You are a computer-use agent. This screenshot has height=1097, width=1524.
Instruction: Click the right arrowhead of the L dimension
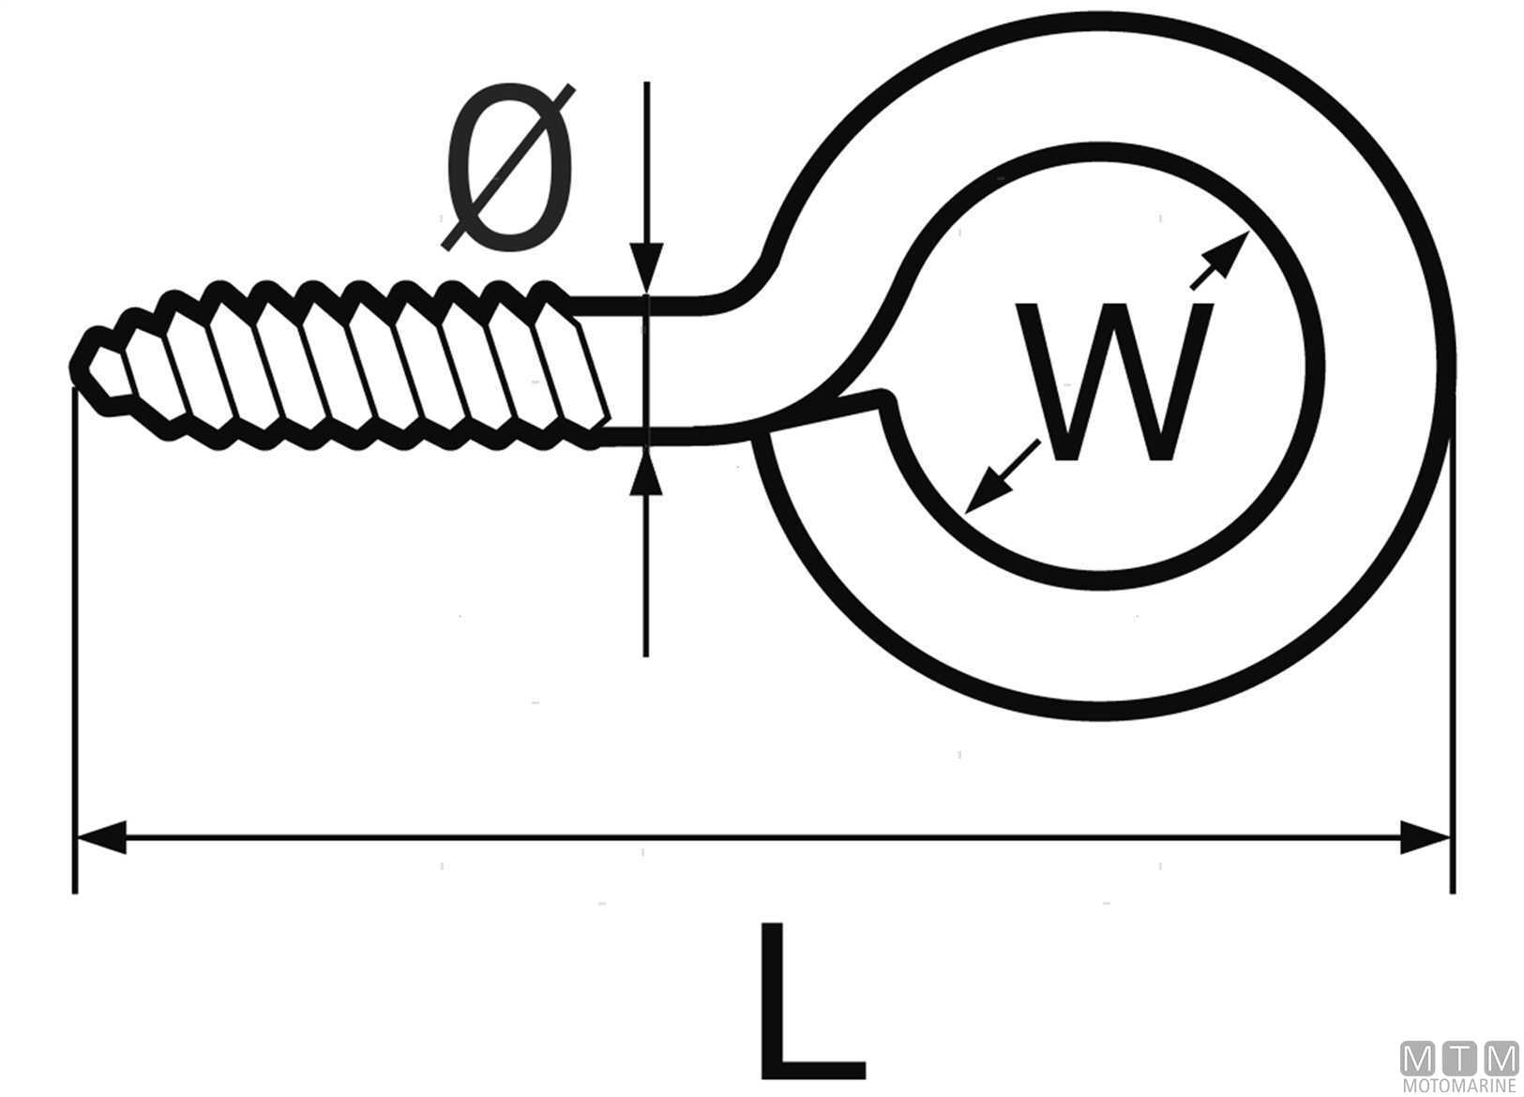(x=1426, y=836)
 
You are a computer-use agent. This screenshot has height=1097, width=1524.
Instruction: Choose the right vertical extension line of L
(x=1452, y=656)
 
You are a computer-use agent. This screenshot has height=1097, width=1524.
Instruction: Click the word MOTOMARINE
(x=1460, y=1086)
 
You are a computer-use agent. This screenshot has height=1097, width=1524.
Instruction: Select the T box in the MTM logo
(x=1460, y=1059)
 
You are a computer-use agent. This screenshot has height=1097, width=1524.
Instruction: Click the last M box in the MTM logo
(x=1501, y=1059)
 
